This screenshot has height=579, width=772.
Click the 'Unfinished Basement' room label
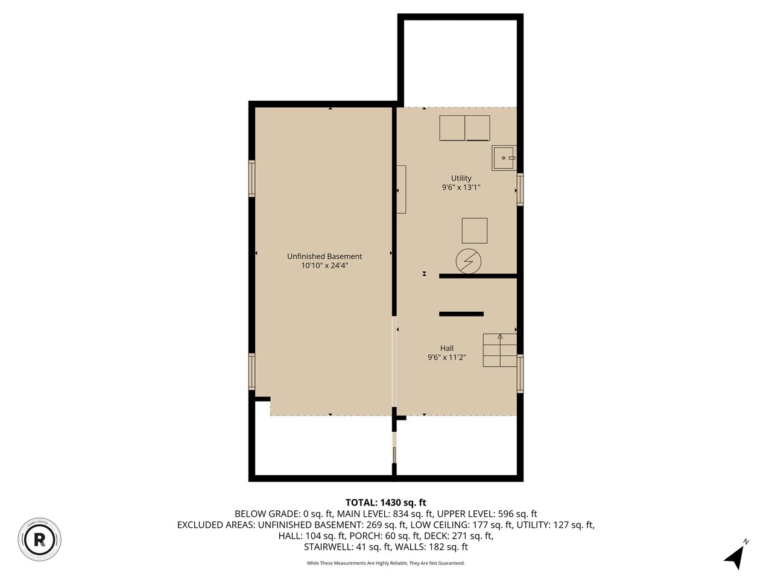[x=324, y=256]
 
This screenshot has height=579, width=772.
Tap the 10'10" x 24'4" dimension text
[x=324, y=265]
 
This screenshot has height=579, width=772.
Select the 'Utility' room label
[x=461, y=178]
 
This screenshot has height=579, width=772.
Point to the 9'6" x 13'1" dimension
[x=461, y=188]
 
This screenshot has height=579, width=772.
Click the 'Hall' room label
[x=447, y=348]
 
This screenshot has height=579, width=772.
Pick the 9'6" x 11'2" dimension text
[x=447, y=358]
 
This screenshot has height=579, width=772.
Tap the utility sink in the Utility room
[x=504, y=158]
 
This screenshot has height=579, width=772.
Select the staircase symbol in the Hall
[x=500, y=350]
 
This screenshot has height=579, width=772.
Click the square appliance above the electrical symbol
[x=475, y=230]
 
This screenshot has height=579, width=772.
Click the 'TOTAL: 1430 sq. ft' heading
[x=386, y=502]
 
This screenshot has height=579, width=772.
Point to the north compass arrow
[x=735, y=556]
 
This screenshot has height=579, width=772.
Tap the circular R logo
[x=40, y=538]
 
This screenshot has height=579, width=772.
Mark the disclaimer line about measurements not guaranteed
[x=386, y=563]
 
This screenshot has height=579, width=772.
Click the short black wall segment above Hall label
[x=461, y=314]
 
